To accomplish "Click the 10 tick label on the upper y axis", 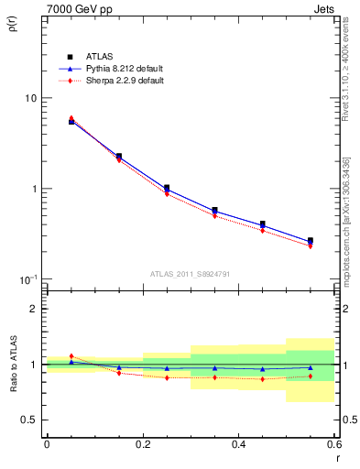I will [30, 98].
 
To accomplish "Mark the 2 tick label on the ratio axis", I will [34, 309].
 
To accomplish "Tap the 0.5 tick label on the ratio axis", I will [29, 420].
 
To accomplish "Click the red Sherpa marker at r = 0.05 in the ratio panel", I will [71, 356].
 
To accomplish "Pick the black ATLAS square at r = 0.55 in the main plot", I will [310, 241].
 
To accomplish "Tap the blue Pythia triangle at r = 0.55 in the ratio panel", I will [310, 368].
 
